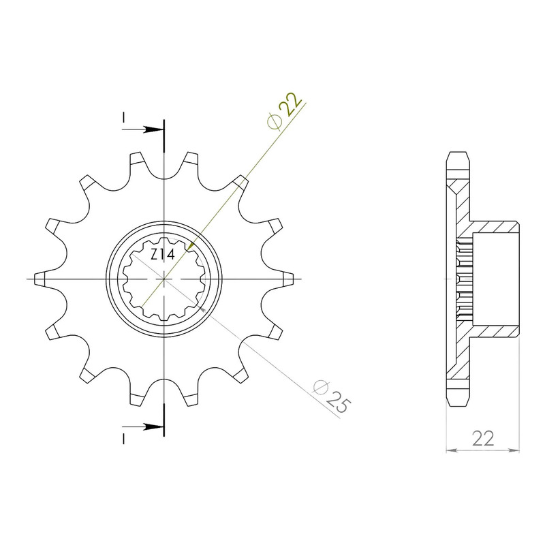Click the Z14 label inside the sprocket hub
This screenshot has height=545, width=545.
point(162,255)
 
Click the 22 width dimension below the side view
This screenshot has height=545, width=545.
point(483,439)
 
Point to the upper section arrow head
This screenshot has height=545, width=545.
point(152,129)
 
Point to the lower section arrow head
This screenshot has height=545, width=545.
point(152,426)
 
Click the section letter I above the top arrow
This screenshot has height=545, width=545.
point(123,117)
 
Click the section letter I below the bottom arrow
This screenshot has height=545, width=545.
point(123,439)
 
